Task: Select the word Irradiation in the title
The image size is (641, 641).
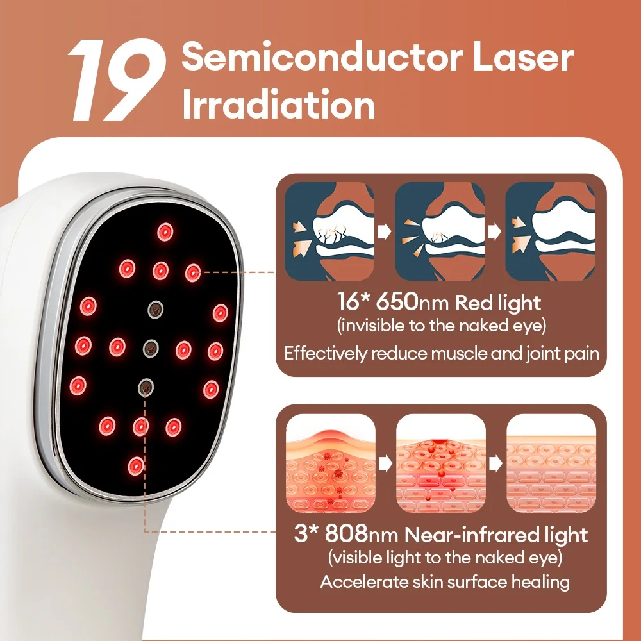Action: pyautogui.click(x=278, y=104)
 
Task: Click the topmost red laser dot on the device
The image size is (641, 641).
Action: pyautogui.click(x=165, y=231)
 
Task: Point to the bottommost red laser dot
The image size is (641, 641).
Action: pyautogui.click(x=135, y=465)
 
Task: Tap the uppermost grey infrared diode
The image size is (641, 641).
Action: pyautogui.click(x=154, y=309)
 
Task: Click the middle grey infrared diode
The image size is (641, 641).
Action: pyautogui.click(x=150, y=347)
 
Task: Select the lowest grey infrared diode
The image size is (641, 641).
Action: pyautogui.click(x=146, y=386)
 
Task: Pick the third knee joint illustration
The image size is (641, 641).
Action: pyautogui.click(x=551, y=232)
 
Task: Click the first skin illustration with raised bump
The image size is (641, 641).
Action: pyautogui.click(x=329, y=464)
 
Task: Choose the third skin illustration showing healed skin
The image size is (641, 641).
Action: pyautogui.click(x=551, y=464)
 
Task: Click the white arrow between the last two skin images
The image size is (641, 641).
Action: pyautogui.click(x=495, y=464)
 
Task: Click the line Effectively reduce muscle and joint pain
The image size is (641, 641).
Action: pyautogui.click(x=442, y=353)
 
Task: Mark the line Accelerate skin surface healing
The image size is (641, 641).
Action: pyautogui.click(x=445, y=582)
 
